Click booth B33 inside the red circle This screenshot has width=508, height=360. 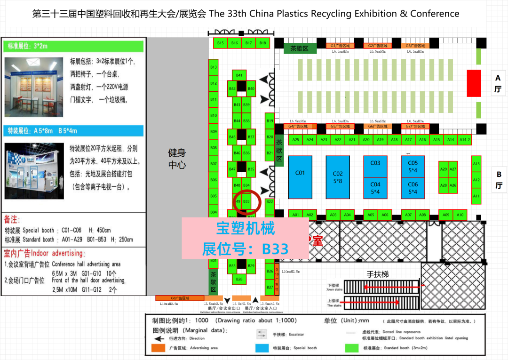[246, 201]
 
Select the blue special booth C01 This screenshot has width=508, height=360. [300, 177]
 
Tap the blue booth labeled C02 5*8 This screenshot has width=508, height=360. [338, 177]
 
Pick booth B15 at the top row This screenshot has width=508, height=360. [221, 43]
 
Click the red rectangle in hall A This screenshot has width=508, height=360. [474, 83]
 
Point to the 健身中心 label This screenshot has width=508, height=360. [177, 159]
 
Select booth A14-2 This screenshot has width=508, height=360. [465, 140]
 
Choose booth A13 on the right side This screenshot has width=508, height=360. [476, 164]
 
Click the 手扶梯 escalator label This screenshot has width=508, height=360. [378, 274]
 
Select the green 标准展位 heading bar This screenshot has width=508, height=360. [74, 46]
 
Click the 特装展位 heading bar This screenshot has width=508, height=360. [74, 131]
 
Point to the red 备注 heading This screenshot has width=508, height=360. [14, 220]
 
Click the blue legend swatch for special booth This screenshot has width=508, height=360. [262, 348]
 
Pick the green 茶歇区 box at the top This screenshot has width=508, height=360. [299, 48]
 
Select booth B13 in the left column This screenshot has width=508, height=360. [214, 67]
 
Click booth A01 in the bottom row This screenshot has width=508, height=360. [295, 215]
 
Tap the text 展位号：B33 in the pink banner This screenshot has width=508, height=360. [245, 248]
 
